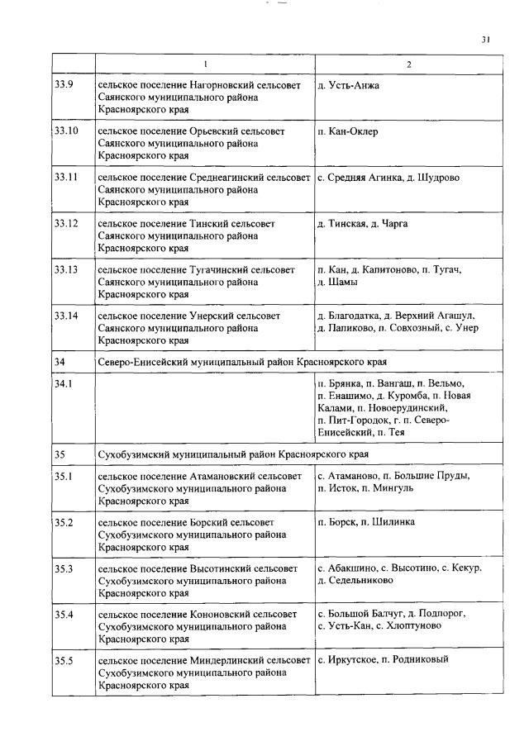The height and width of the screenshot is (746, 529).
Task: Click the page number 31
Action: click(x=486, y=39)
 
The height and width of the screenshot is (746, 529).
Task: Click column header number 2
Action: click(x=408, y=64)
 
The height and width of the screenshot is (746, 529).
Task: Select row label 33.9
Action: click(x=64, y=85)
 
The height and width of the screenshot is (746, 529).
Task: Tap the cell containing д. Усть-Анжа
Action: click(x=348, y=85)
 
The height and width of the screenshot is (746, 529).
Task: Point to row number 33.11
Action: click(x=66, y=178)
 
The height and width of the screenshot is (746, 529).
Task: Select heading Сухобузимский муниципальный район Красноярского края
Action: click(x=233, y=454)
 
